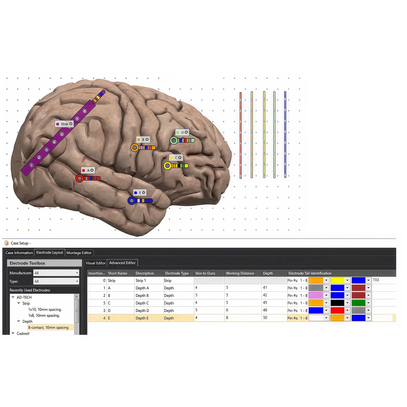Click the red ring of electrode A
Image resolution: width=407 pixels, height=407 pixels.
[80, 178]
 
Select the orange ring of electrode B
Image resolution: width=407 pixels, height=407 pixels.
[135, 148]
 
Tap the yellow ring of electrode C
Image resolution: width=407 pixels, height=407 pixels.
[168, 166]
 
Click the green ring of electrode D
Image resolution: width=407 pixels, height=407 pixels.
[174, 140]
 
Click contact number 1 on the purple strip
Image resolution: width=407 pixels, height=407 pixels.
[32, 165]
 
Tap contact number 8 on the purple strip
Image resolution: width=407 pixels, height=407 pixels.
[85, 111]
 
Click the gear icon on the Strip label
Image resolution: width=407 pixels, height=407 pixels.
[71, 124]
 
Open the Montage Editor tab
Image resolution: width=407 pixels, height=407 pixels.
[79, 253]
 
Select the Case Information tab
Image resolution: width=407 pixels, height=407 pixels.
[19, 253]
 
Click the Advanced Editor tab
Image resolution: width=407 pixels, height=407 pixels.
[122, 263]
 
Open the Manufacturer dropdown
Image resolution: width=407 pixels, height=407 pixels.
[56, 273]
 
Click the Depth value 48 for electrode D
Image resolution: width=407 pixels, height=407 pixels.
[265, 310]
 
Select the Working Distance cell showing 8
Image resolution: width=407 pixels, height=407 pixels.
[227, 318]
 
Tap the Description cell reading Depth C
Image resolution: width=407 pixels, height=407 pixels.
[142, 303]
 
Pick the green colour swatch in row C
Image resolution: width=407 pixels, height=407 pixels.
[358, 303]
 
